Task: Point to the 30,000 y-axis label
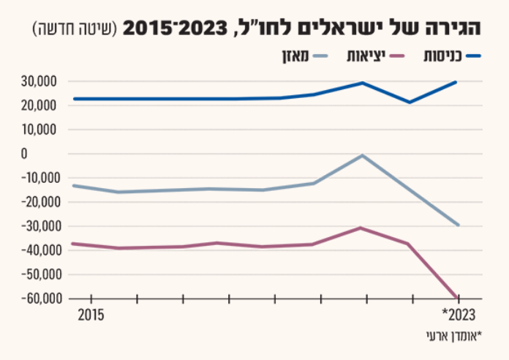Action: [39, 81]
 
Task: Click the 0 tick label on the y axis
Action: [24, 154]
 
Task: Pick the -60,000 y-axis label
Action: [42, 299]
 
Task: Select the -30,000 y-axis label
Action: [42, 226]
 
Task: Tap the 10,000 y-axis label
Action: [39, 130]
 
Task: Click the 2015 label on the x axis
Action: [91, 315]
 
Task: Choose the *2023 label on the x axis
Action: [459, 315]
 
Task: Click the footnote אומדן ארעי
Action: [454, 337]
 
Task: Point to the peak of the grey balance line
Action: [362, 156]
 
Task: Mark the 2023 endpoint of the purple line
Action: [458, 298]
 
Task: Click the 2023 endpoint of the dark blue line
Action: [456, 82]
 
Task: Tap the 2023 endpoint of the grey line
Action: [458, 225]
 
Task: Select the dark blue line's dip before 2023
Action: [410, 102]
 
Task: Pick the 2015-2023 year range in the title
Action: [176, 28]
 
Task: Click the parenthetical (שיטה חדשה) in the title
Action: [75, 29]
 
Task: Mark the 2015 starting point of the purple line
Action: [73, 244]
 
